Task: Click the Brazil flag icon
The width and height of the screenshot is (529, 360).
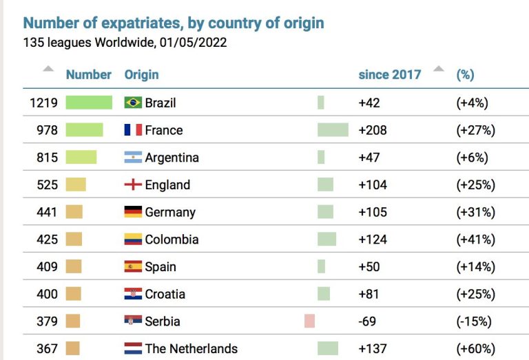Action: tap(133, 103)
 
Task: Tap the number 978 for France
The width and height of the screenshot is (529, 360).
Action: tap(47, 130)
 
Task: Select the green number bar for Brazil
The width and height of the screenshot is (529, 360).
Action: tap(89, 103)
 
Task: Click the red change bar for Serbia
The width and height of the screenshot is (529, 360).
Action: tap(309, 321)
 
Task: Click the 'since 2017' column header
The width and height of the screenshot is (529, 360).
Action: tap(389, 74)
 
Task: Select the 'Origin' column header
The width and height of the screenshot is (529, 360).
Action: tap(141, 74)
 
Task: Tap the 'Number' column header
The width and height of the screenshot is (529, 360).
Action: tap(88, 74)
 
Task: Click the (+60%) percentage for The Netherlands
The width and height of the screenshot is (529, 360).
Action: tap(475, 348)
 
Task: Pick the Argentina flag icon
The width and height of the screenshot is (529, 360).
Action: tap(133, 158)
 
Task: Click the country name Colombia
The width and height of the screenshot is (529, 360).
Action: tap(172, 240)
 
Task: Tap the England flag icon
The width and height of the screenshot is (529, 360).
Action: tap(133, 185)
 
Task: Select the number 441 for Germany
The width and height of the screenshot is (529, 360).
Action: tap(47, 212)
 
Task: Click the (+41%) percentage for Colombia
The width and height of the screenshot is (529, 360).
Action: tap(475, 240)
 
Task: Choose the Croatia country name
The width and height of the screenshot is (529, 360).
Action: tap(165, 294)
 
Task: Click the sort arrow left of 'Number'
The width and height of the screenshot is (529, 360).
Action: tap(48, 69)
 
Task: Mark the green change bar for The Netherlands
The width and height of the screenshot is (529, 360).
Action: tap(328, 348)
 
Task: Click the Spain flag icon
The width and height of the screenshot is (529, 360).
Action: tap(133, 266)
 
